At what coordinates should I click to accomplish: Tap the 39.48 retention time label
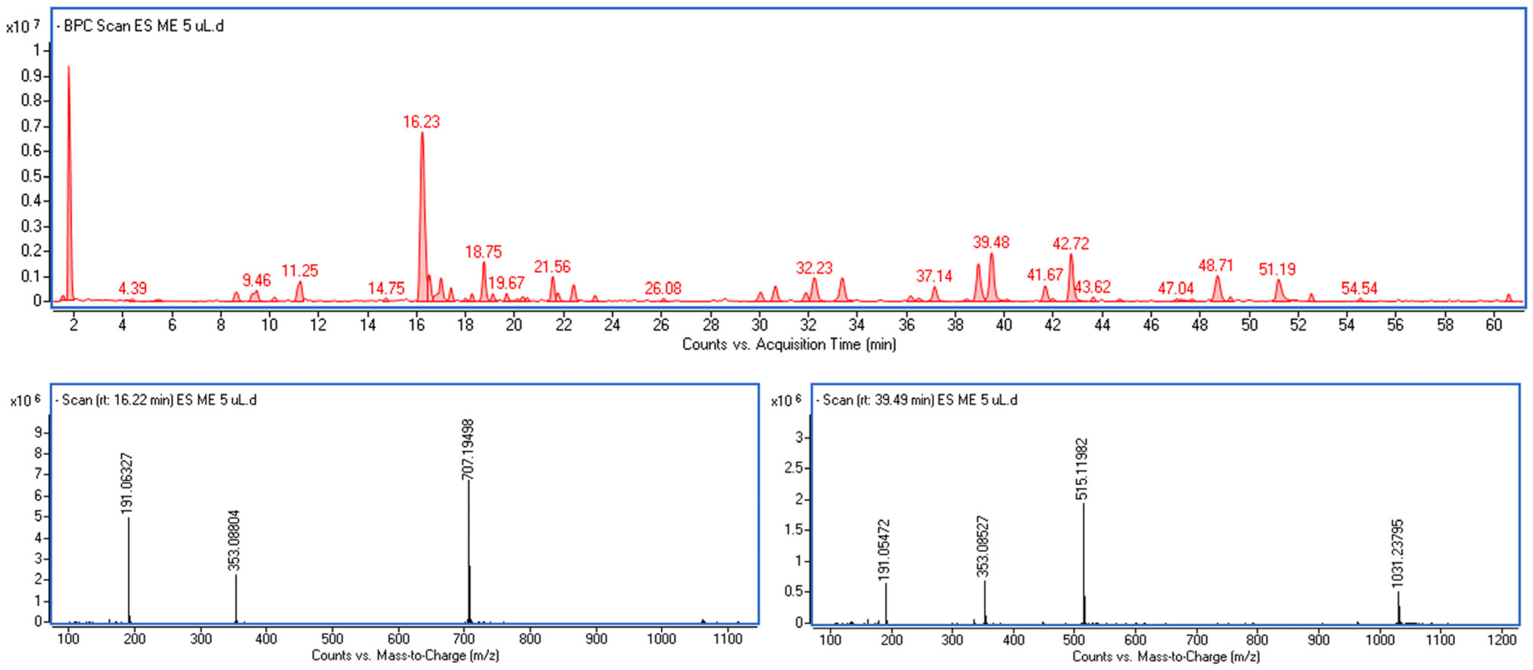click(991, 242)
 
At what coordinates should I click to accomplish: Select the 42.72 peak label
click(1071, 243)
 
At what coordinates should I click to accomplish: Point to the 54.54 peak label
click(1359, 289)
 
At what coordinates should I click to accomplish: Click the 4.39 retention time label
click(132, 289)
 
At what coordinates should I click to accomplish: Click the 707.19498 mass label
click(469, 449)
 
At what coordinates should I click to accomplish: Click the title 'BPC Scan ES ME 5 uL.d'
click(143, 26)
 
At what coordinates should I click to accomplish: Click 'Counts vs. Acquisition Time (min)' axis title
click(789, 344)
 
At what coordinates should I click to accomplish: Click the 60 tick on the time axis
click(1494, 324)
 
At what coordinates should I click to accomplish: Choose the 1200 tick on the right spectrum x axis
click(1502, 640)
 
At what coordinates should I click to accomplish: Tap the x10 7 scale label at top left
click(23, 26)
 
